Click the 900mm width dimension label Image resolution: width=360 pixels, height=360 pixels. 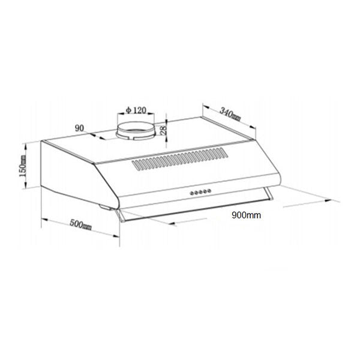pyautogui.click(x=246, y=214)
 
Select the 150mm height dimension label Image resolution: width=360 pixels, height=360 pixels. pyautogui.click(x=22, y=166)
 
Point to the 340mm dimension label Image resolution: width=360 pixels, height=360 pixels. pyautogui.click(x=230, y=113)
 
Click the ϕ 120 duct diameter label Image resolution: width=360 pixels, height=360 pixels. pyautogui.click(x=136, y=110)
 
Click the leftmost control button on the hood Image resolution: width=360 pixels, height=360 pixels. pyautogui.click(x=191, y=193)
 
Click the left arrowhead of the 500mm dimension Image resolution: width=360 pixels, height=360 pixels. pyautogui.click(x=43, y=218)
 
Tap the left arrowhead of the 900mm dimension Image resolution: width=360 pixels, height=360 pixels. pyautogui.click(x=174, y=224)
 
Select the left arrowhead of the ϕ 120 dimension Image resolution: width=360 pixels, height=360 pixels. pyautogui.click(x=119, y=114)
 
